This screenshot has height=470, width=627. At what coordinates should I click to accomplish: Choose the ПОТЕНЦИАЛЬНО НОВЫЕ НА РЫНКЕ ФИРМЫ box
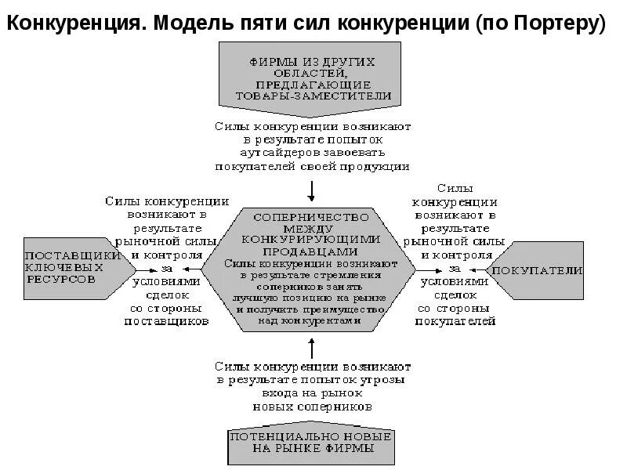pyautogui.click(x=313, y=443)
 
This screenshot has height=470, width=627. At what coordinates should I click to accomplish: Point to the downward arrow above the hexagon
pyautogui.click(x=312, y=190)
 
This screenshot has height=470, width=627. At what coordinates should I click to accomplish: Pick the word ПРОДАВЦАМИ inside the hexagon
pyautogui.click(x=312, y=251)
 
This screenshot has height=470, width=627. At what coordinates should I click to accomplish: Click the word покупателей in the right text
pyautogui.click(x=455, y=321)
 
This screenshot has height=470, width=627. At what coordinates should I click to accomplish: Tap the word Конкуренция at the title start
pyautogui.click(x=73, y=23)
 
